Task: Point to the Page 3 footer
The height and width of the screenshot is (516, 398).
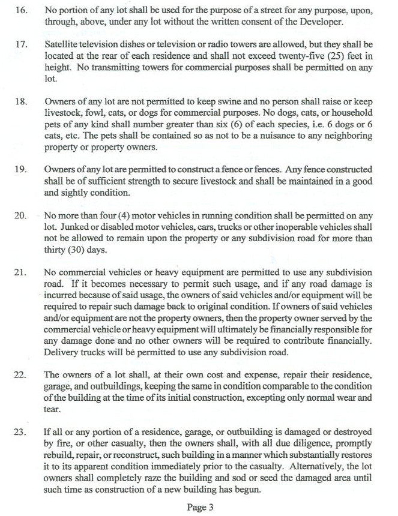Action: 200,508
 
